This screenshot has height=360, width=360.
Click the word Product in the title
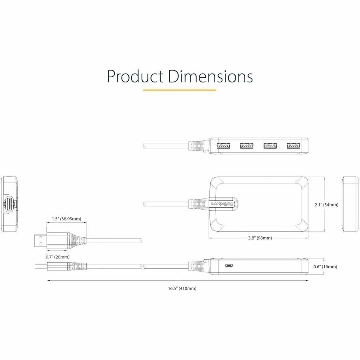click(x=135, y=76)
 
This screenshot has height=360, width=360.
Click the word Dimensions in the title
click(x=210, y=76)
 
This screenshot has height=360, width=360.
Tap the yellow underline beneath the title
click(x=179, y=90)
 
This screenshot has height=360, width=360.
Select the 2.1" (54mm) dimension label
click(x=326, y=204)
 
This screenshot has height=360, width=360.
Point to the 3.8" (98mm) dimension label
click(x=260, y=238)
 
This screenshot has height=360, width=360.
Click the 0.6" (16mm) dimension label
click(x=325, y=266)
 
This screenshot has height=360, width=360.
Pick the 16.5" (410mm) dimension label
click(x=182, y=288)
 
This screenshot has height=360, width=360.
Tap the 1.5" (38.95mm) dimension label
click(x=66, y=219)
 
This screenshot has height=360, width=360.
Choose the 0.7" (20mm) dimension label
click(x=58, y=257)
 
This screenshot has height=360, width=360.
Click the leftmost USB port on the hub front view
click(x=223, y=146)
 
